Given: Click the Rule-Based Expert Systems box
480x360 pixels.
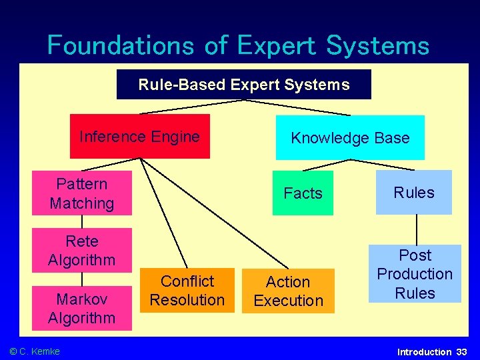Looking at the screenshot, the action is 243,85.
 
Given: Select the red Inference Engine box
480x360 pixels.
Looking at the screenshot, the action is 139,137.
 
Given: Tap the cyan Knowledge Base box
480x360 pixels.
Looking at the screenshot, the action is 350,138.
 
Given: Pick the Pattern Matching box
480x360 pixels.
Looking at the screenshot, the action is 81,193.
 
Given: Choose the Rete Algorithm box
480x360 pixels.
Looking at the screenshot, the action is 81,250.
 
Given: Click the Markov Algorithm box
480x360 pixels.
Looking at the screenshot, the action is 81,308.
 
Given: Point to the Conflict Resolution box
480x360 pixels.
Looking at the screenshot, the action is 187,291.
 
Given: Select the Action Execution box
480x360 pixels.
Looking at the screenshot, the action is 288,291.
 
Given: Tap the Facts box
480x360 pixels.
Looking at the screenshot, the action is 303,193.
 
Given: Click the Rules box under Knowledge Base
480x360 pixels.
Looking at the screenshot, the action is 413,193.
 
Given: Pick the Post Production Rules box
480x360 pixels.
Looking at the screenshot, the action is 415,274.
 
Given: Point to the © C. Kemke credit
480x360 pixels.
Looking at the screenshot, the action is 35,351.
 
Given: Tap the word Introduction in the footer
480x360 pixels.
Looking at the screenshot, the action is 424,351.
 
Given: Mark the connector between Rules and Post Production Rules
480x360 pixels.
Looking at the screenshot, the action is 416,229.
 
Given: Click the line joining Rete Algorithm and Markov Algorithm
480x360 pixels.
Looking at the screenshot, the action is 81,279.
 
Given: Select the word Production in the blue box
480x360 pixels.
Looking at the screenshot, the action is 415,274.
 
